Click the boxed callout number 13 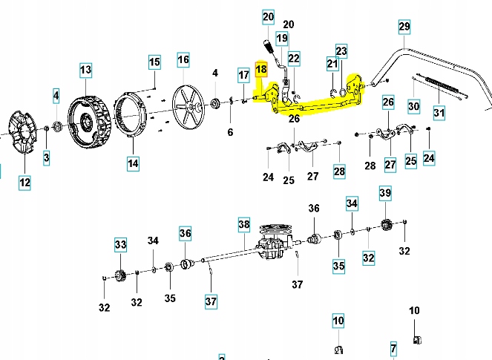85,70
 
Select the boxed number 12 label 25,182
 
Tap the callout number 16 183,59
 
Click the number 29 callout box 404,27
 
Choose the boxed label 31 439,113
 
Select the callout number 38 243,223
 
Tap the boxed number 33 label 120,243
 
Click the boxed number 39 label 384,193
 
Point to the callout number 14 132,163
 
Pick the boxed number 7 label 395,347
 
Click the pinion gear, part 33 119,278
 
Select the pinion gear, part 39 386,225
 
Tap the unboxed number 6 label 230,132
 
